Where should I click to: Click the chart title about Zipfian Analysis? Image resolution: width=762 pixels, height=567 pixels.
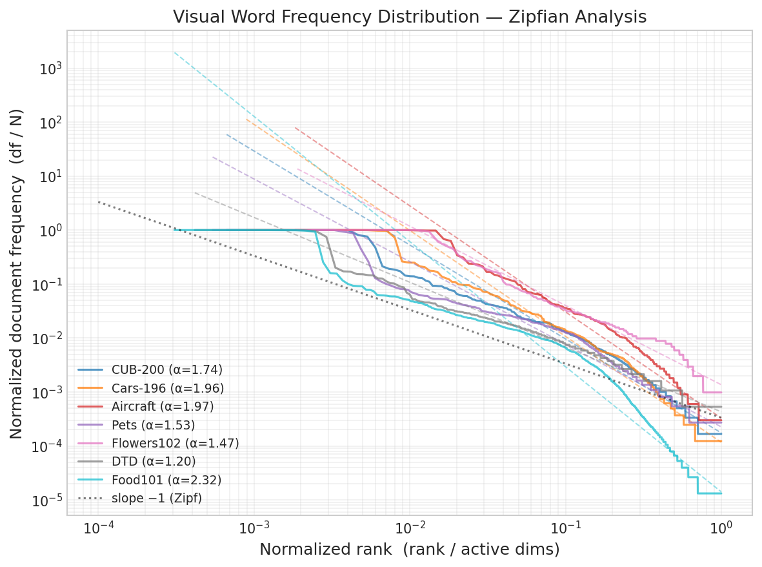[409, 17]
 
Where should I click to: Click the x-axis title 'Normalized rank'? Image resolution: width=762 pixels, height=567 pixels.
[409, 550]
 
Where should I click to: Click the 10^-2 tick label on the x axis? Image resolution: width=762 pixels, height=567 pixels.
[410, 528]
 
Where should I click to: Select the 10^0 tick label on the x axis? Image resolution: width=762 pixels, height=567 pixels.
[721, 528]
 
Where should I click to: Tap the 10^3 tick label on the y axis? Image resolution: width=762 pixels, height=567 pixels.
[50, 69]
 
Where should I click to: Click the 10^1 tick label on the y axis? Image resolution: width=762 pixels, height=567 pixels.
[50, 177]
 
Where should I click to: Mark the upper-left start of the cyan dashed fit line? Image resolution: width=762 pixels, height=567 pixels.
[174, 52]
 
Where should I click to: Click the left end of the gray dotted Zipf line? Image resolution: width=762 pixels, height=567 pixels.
[99, 201]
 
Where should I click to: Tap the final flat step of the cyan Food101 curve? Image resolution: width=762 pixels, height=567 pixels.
[709, 493]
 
